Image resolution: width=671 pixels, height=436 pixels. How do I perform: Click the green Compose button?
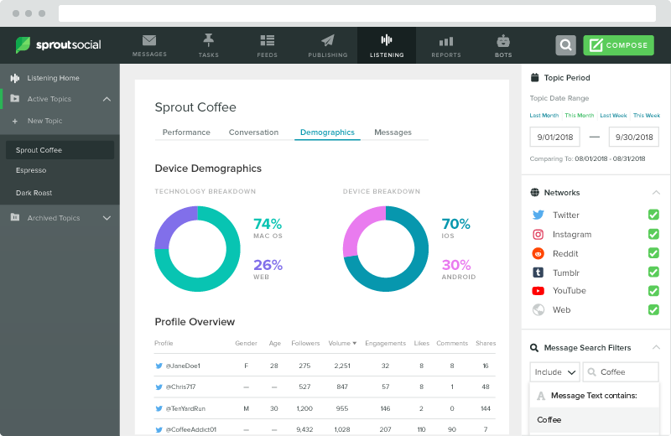pos(618,45)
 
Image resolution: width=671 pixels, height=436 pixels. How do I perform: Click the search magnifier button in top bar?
pos(566,45)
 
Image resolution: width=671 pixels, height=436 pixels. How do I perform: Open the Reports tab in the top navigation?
pos(445,45)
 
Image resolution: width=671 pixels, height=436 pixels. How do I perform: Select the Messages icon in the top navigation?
pos(149,45)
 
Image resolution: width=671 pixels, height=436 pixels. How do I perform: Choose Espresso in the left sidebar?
pos(31,170)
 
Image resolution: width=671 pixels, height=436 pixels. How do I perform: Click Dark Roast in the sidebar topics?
pos(34,193)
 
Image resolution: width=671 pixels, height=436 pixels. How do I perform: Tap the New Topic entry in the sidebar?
pos(44,121)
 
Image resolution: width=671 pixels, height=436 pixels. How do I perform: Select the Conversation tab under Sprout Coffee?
pos(253,132)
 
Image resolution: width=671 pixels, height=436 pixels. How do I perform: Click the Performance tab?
pos(186,132)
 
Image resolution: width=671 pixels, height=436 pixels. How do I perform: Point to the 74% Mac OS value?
pos(268,225)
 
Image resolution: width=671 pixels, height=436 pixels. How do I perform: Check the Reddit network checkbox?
pos(653,253)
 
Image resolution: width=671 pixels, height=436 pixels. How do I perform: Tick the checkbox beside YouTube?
pos(653,290)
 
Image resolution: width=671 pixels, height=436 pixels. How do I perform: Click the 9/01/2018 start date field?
pos(555,137)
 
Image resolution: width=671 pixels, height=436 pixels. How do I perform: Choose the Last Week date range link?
pos(613,116)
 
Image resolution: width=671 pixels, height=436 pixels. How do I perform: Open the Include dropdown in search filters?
pos(554,371)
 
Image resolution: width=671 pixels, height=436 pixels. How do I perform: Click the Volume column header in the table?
pos(341,343)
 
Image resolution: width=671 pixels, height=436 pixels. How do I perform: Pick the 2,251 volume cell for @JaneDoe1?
pos(341,366)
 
